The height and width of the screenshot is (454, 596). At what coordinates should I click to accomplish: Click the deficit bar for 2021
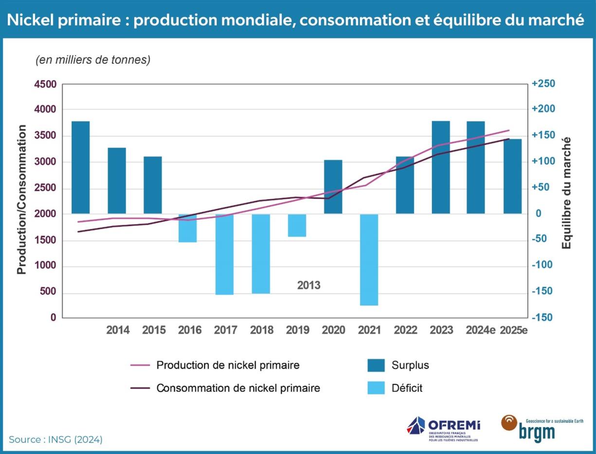coord(369,259)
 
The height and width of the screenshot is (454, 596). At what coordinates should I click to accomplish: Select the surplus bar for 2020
coord(333,187)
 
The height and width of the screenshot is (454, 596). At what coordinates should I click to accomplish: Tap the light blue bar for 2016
coord(187,228)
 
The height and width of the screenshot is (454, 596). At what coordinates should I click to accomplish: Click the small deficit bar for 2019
coord(297,225)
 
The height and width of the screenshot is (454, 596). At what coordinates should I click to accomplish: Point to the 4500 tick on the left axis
coord(45,84)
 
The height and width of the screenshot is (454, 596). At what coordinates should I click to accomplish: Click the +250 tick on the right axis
coord(543,84)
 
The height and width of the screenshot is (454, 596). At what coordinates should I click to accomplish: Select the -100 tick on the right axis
coord(543,265)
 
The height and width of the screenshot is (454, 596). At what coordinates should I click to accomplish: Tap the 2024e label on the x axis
coord(480,330)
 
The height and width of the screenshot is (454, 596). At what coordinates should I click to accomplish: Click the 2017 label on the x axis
coord(225,330)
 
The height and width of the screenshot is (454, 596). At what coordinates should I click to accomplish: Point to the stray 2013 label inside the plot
coord(309,286)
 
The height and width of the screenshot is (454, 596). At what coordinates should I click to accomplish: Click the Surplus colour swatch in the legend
coord(376,365)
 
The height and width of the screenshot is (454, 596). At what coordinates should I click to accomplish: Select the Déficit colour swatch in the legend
coord(376,388)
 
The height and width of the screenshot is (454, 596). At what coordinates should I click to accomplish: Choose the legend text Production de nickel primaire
coord(228,365)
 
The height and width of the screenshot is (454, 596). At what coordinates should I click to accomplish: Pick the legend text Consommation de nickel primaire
coord(238,388)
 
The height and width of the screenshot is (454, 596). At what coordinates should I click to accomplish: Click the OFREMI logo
coord(443,428)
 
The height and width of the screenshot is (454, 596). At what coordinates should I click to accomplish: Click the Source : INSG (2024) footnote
coord(55,440)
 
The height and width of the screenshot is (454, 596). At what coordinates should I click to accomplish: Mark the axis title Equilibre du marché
coord(566,193)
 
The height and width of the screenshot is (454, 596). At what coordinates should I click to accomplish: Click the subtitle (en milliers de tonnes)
coord(93,60)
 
